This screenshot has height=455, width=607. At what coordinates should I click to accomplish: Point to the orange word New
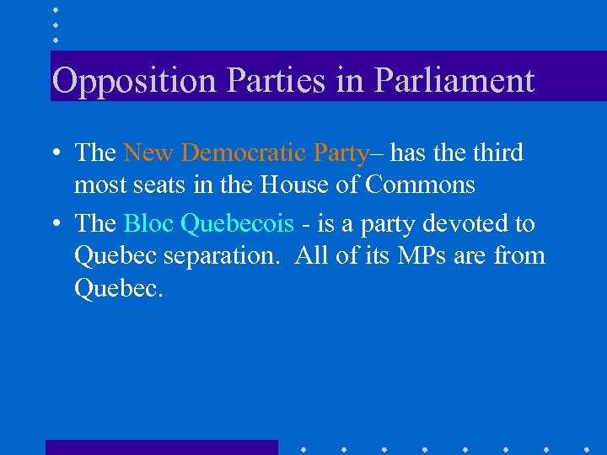[x=148, y=153]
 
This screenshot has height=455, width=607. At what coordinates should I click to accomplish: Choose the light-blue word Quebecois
[x=238, y=224]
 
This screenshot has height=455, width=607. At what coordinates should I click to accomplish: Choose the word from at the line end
[x=522, y=255]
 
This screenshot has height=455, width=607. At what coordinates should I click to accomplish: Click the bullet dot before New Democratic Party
[x=54, y=154]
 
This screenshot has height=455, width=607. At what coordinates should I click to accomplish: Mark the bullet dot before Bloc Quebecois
[x=54, y=225]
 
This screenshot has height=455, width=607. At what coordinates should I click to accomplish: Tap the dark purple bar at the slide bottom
[x=161, y=447]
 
